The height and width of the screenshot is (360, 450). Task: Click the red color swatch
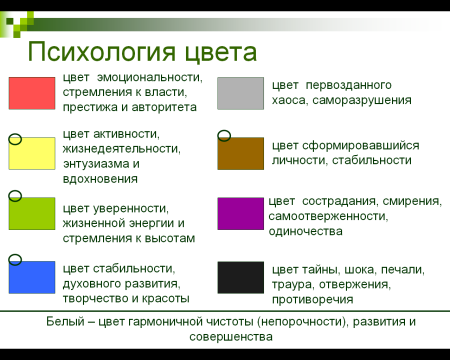tap(32, 93)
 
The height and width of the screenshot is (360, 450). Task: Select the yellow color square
tap(32, 154)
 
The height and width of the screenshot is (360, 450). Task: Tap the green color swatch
tap(32, 213)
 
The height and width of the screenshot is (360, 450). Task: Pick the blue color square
tap(32, 275)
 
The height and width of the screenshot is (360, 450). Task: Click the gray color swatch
tap(240, 93)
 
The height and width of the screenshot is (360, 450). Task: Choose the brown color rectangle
tap(240, 153)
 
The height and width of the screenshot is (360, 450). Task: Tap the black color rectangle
tap(240, 276)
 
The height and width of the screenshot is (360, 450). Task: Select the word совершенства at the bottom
tap(226, 337)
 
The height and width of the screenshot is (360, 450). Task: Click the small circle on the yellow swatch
tap(15, 140)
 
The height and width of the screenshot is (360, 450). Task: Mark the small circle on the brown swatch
tap(224, 135)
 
